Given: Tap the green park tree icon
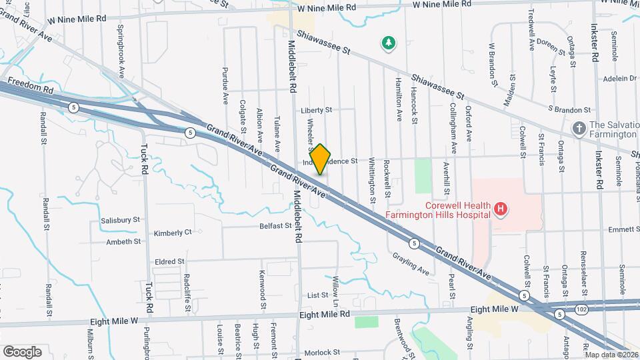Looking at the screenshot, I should (x=387, y=44).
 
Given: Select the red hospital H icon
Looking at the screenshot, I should (x=501, y=211).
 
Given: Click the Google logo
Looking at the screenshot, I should (x=22, y=351).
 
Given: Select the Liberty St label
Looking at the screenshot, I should (x=315, y=110).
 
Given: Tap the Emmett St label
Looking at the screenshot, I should (x=623, y=229).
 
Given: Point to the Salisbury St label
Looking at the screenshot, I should (x=120, y=219).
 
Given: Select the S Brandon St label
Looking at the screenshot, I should (x=569, y=109).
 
